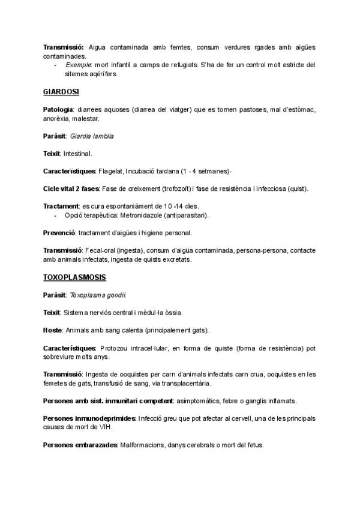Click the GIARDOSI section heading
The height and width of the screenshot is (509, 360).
pos(61,92)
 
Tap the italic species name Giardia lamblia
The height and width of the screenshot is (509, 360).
pos(92,136)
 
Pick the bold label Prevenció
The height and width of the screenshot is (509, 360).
pos(59,232)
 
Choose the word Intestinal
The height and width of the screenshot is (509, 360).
pos(77,154)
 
